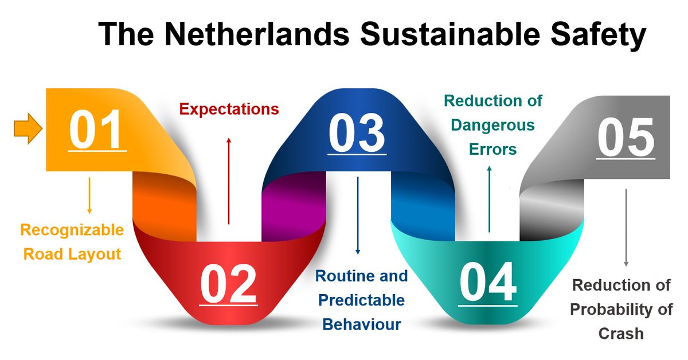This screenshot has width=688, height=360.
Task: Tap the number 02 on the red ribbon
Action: (228, 284)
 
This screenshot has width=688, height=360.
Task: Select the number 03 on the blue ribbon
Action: (357, 134)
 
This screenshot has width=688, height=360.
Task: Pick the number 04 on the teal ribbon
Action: (488, 283)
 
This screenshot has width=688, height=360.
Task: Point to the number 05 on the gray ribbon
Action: (626, 138)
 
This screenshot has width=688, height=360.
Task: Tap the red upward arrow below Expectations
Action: (229, 181)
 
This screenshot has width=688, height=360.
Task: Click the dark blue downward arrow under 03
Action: (358, 216)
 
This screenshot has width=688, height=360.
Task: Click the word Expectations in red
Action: (229, 109)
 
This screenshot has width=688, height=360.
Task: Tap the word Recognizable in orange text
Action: (72, 230)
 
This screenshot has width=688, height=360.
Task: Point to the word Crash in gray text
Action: (621, 333)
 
